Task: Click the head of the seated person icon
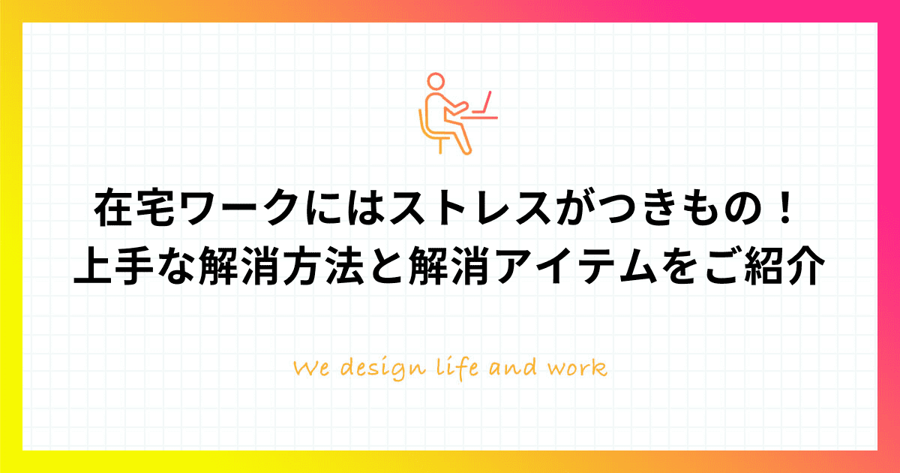coord(436,81)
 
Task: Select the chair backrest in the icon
coord(422,125)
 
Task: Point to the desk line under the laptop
coord(479,118)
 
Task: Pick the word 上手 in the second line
coord(114,267)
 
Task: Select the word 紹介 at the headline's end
coord(784,267)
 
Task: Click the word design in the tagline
coord(383,369)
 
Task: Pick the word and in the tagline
coord(513,367)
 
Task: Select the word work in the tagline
coord(577,367)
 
